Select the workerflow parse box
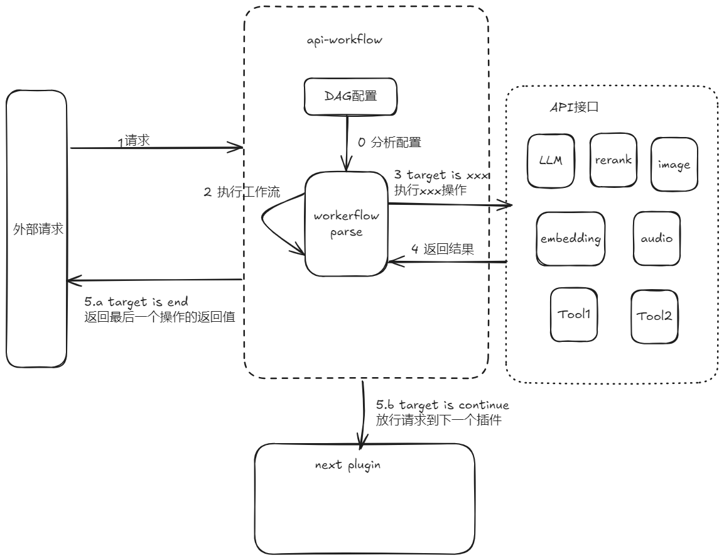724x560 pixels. (346, 224)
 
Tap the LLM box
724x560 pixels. (550, 160)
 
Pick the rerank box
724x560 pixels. (613, 160)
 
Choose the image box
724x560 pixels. (674, 165)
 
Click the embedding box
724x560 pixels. (571, 239)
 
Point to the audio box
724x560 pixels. (656, 238)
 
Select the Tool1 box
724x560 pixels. (574, 314)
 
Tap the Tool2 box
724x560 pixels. (654, 316)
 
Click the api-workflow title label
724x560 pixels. (345, 40)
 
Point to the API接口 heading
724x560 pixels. (573, 107)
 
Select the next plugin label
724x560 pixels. (348, 466)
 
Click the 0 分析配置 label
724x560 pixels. (389, 143)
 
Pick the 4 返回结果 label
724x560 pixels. (442, 249)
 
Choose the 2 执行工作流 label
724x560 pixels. (242, 193)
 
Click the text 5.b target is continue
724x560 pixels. (442, 405)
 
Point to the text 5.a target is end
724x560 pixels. (136, 302)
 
